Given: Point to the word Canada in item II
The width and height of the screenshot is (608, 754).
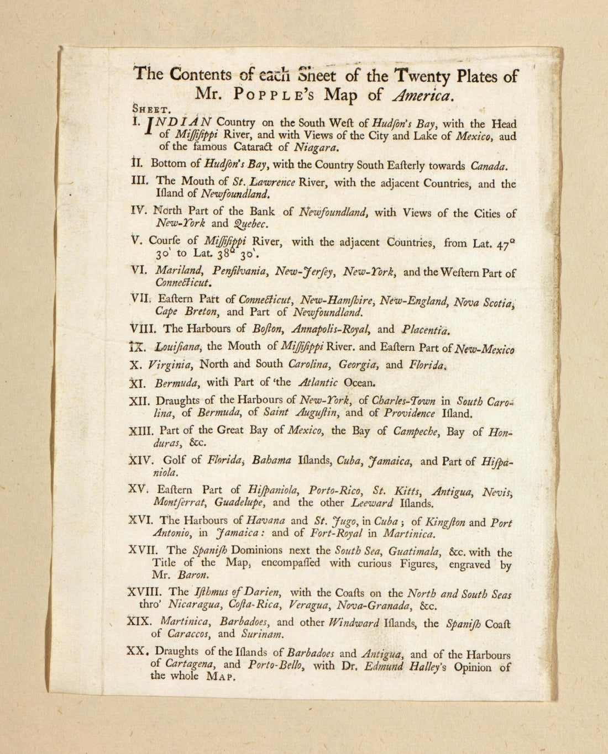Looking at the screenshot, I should coord(489,166).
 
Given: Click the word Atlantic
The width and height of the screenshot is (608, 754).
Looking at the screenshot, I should coord(317,382).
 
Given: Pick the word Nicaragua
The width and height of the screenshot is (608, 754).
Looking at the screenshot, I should coord(195,606).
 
